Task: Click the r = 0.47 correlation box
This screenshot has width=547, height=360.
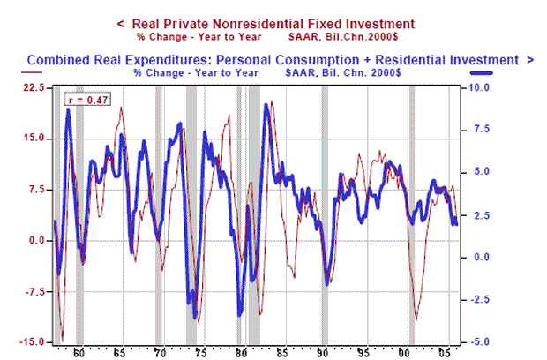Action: tap(86, 101)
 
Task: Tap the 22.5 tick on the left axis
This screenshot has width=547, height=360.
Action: tap(34, 87)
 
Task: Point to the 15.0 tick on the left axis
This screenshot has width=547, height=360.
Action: tap(34, 139)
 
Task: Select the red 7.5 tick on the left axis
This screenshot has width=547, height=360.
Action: tap(36, 190)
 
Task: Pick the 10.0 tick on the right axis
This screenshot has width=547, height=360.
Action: tap(476, 88)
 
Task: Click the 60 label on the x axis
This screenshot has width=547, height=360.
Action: tap(79, 352)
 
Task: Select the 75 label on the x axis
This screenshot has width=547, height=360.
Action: tap(201, 352)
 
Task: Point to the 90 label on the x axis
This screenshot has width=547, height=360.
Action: tap(323, 352)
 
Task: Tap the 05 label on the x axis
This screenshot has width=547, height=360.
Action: tap(446, 352)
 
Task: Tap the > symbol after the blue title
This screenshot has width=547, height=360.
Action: tap(529, 59)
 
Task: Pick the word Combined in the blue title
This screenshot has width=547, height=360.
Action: tap(58, 59)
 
